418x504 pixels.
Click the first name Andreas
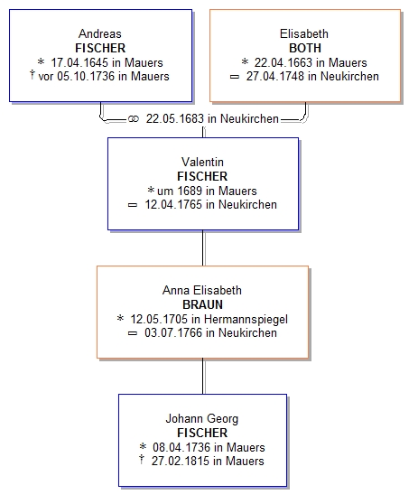point(100,33)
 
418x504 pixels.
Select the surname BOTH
point(305,48)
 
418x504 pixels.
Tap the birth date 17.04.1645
point(79,62)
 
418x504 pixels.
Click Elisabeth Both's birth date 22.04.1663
point(283,62)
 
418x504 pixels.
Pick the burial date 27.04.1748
point(275,76)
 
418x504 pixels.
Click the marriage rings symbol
point(134,119)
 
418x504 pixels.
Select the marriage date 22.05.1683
point(175,118)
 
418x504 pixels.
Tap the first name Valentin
point(202,162)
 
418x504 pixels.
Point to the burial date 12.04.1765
point(173,204)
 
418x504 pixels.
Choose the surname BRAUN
point(202,304)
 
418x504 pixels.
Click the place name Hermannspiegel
point(246,319)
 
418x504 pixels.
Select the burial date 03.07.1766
point(173,332)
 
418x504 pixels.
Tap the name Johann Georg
point(202,419)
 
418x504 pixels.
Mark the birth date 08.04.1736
point(181,447)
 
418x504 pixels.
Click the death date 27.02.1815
point(181,461)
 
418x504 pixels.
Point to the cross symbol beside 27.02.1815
point(142,460)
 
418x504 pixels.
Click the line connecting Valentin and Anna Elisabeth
point(203,247)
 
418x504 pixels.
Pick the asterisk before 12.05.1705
point(120,318)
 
